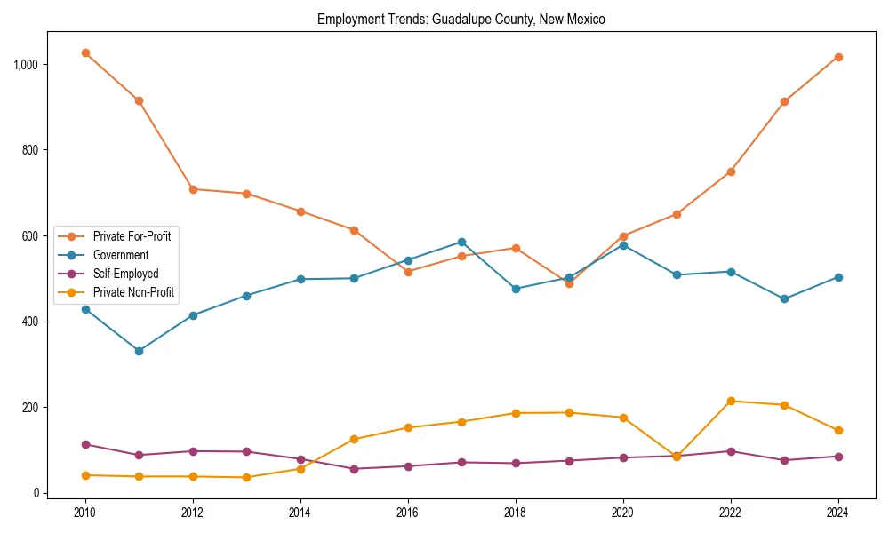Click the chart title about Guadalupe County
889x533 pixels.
[461, 20]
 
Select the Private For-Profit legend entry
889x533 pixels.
[131, 235]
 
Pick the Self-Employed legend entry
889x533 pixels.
[125, 274]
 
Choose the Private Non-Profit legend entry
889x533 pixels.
[132, 292]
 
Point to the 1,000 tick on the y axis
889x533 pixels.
[26, 65]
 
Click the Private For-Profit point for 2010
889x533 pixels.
[85, 52]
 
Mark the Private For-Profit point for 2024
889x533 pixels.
[838, 57]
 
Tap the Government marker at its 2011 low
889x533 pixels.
[139, 351]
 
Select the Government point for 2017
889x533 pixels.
[461, 242]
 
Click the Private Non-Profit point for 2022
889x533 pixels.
[731, 401]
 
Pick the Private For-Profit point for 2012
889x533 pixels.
[193, 189]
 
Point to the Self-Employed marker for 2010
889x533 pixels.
[85, 444]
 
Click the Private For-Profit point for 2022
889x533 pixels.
[731, 171]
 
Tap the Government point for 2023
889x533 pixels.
[784, 298]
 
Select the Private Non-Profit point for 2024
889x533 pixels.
[838, 430]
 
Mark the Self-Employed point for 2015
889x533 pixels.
[354, 469]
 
